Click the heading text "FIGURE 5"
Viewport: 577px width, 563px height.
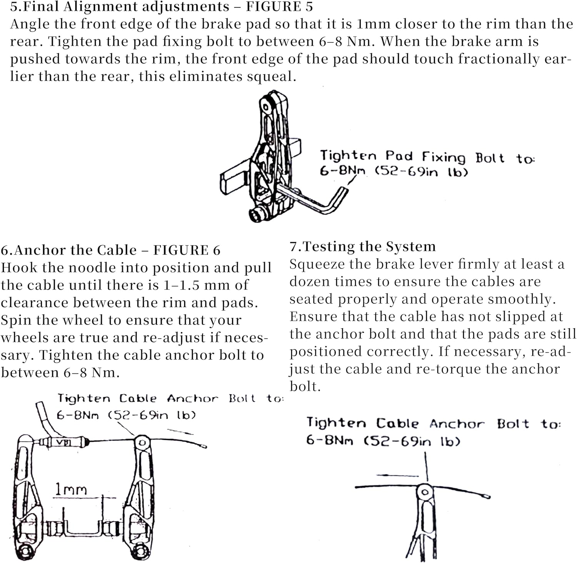point(279,7)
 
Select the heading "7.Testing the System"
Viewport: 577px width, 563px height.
point(362,246)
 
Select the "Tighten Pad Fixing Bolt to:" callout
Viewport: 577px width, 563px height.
point(427,157)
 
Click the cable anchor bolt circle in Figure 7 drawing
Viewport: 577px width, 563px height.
point(425,492)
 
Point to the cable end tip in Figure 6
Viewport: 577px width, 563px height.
point(203,446)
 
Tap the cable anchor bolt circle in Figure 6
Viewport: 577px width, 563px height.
point(142,443)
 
